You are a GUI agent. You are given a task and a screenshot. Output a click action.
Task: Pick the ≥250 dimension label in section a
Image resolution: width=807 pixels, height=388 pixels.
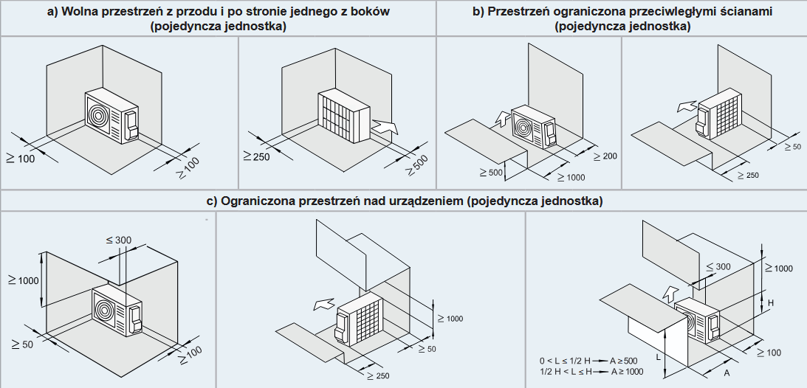[255, 156]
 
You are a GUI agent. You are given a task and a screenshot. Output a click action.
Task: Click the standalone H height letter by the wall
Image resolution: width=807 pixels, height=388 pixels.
[769, 303]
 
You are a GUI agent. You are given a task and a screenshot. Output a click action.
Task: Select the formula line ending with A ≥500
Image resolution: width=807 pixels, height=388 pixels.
[588, 360]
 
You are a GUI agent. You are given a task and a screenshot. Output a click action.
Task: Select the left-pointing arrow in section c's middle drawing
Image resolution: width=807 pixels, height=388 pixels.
[323, 302]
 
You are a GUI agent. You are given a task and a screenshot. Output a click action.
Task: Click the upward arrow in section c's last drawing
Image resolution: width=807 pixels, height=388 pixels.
[670, 292]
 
